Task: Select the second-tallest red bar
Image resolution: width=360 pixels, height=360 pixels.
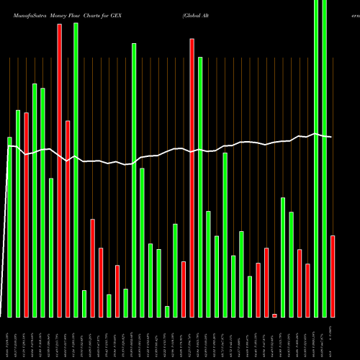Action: tap(192, 178)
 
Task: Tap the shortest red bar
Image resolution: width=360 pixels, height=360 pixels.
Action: tap(274, 315)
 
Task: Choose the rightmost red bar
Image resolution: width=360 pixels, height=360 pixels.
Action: tap(333, 276)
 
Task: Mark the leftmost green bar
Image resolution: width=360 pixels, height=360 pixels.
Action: tap(9, 227)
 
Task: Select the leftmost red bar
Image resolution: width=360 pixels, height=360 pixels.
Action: tap(27, 215)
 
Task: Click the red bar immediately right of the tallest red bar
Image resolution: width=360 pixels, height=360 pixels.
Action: tap(68, 219)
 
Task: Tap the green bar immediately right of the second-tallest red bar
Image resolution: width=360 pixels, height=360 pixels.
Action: tap(200, 187)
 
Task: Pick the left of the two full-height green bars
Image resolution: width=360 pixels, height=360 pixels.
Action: tap(316, 158)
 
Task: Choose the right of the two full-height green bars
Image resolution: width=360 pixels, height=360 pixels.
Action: tap(324, 158)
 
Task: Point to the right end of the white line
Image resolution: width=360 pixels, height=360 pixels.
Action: tap(331, 137)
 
